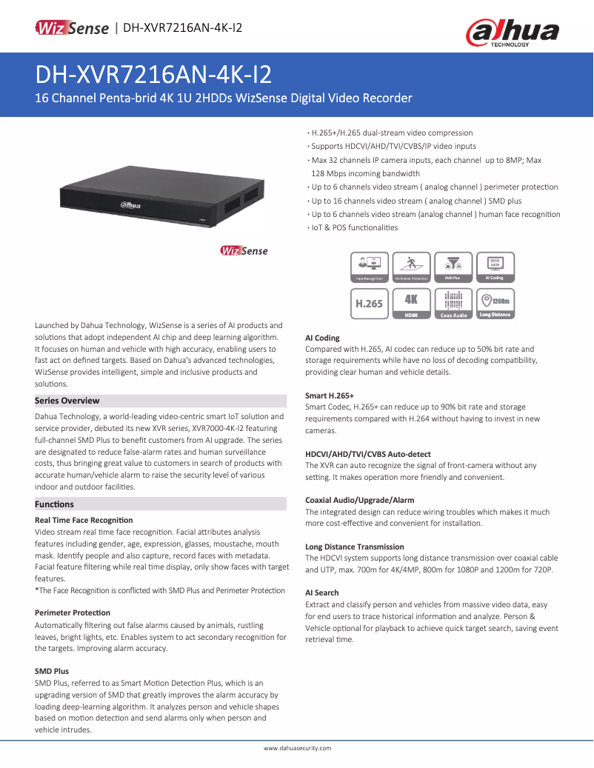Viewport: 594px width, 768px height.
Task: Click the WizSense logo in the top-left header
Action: [x=72, y=28]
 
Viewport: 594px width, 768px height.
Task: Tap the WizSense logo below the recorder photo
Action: [x=244, y=251]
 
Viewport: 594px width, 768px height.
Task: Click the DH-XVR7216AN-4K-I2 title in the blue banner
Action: [x=153, y=75]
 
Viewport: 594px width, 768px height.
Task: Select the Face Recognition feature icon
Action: [x=370, y=267]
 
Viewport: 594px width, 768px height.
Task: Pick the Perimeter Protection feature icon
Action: [x=411, y=267]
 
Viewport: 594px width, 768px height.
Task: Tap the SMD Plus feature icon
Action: [x=453, y=267]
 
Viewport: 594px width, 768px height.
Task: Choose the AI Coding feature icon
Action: [x=494, y=267]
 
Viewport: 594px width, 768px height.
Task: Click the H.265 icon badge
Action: [x=370, y=304]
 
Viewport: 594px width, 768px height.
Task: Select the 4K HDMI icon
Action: [x=411, y=304]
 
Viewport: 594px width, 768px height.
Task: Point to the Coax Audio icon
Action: [x=453, y=304]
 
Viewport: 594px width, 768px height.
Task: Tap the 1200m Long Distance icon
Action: [x=494, y=304]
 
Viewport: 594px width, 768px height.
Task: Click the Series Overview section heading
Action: [x=67, y=401]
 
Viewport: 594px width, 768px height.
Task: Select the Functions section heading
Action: [x=55, y=504]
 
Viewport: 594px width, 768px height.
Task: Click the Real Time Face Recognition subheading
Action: [x=84, y=521]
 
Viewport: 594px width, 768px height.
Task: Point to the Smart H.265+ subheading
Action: [x=330, y=396]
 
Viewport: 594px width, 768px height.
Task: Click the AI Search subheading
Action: [x=322, y=593]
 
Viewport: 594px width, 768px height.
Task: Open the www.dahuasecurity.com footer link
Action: [x=298, y=748]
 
